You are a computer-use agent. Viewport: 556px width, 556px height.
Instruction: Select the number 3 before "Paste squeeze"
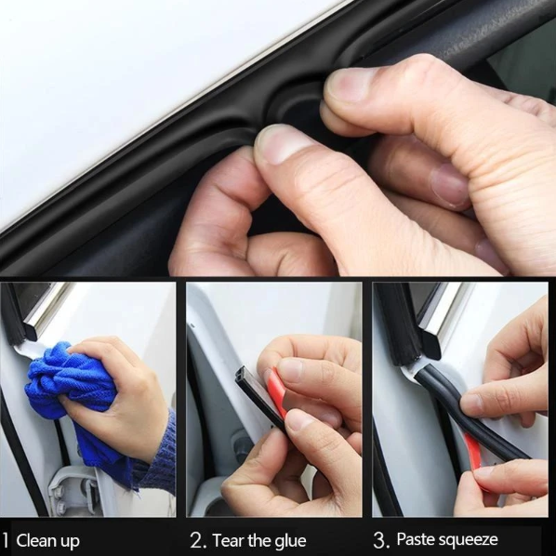(x=379, y=539)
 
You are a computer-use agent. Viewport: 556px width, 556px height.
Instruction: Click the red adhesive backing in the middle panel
(x=277, y=391)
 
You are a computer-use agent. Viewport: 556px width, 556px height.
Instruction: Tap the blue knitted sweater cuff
(x=156, y=450)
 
